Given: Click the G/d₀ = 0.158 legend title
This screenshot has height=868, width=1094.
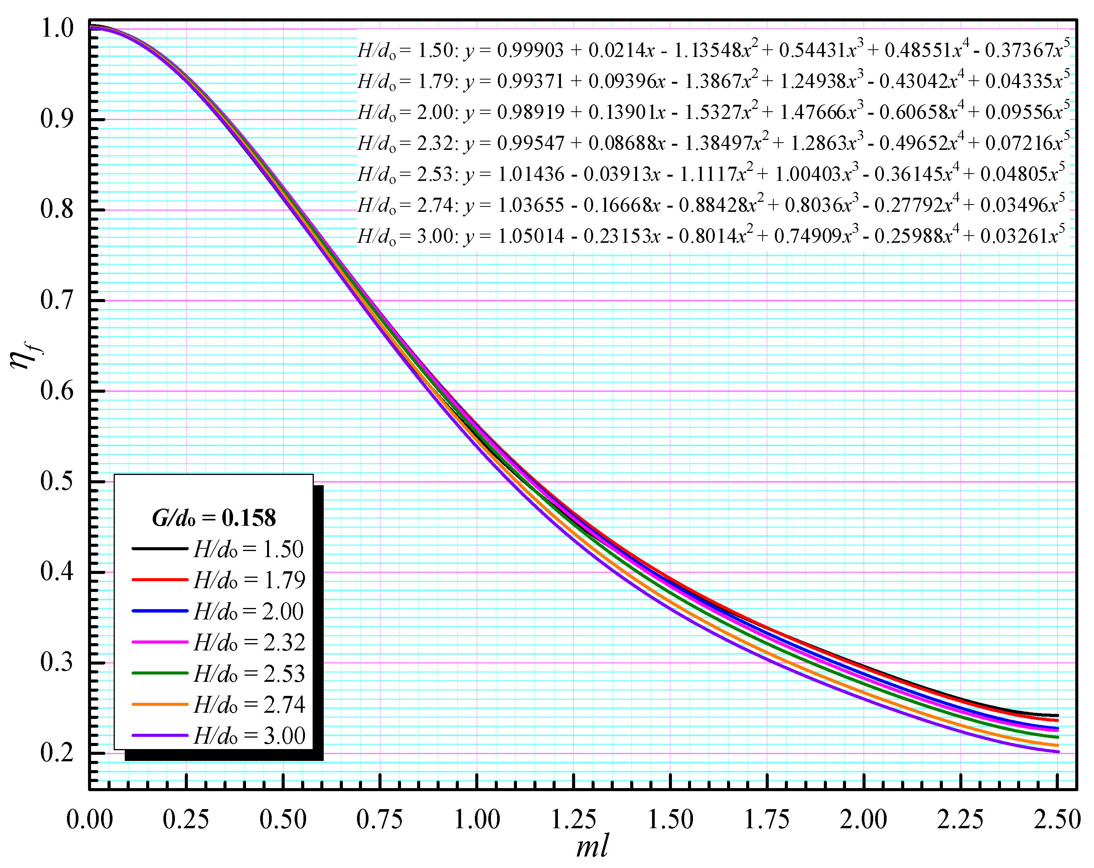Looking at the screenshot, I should click(x=214, y=518).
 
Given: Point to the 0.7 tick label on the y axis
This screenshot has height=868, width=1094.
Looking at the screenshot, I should click(x=57, y=300).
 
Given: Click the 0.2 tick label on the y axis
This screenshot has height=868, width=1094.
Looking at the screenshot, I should click(x=57, y=753).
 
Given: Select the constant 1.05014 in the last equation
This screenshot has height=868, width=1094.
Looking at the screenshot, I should click(x=530, y=236).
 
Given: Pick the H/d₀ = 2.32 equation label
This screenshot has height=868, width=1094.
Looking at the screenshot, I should click(x=408, y=143).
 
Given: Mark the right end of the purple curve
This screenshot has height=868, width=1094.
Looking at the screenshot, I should click(x=1058, y=752).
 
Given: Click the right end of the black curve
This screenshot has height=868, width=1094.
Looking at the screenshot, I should click(x=1058, y=715).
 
